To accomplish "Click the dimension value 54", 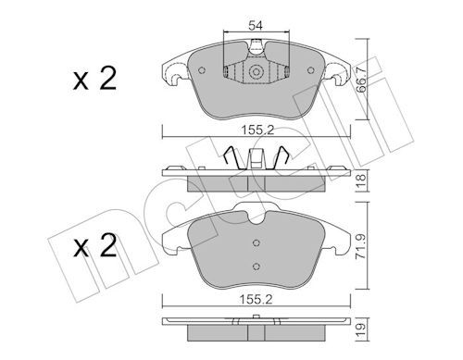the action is [x=256, y=26].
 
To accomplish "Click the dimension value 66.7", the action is [x=361, y=80].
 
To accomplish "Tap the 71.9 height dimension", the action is [x=361, y=246].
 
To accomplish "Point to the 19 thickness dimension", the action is [x=361, y=330].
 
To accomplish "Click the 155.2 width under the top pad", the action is [x=257, y=130].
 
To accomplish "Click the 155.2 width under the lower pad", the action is [x=257, y=299].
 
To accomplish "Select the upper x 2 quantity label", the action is [x=94, y=79].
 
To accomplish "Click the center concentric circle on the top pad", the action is [x=256, y=72].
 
